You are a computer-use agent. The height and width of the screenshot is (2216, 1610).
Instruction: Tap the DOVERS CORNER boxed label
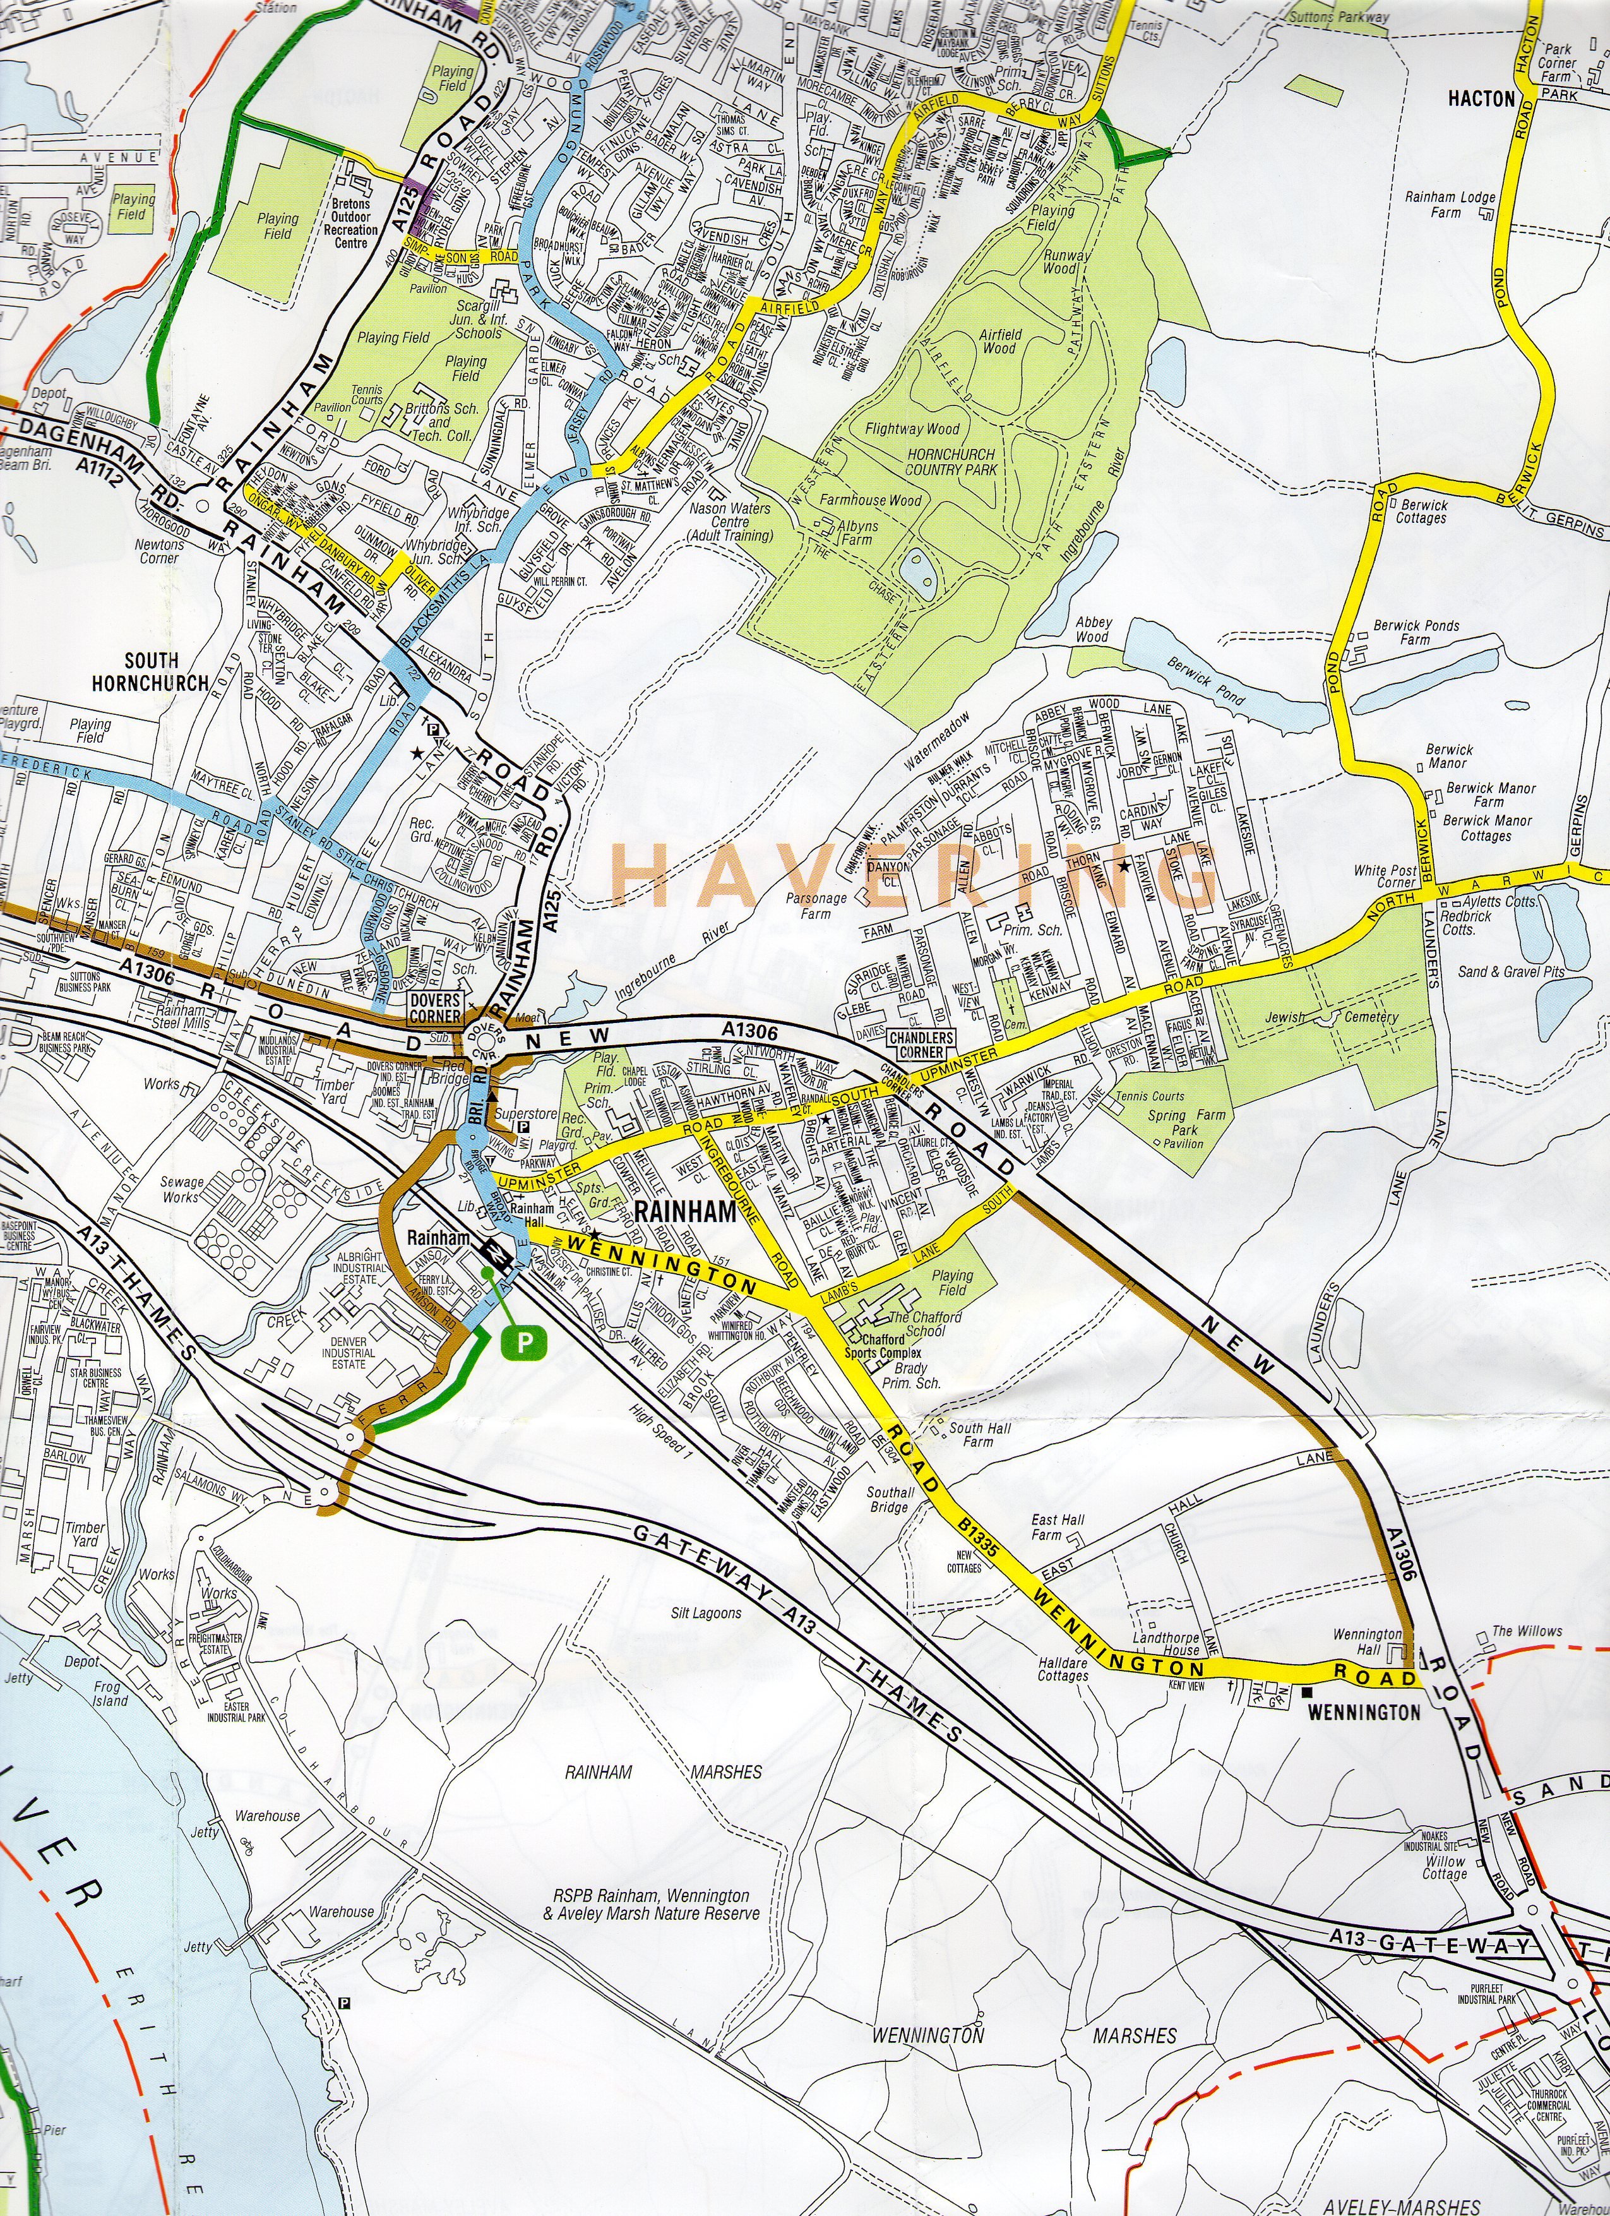[x=435, y=1007]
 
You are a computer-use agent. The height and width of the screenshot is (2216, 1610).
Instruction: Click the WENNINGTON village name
[x=1364, y=1713]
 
